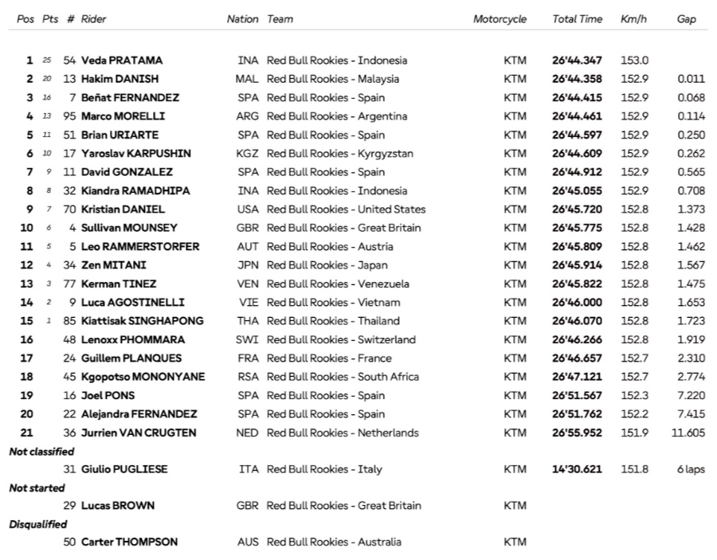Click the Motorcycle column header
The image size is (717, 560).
click(500, 19)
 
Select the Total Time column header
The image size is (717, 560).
click(577, 19)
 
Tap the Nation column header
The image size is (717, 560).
click(242, 19)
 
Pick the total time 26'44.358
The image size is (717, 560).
click(577, 79)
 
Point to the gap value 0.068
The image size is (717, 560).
click(690, 98)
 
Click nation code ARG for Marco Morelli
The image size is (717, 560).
click(248, 116)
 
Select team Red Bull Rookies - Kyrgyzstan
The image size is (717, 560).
click(340, 154)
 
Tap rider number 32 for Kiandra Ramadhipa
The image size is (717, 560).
click(70, 190)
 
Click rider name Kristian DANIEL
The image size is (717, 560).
click(123, 210)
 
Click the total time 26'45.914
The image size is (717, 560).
click(577, 265)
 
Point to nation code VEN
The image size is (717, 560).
click(248, 284)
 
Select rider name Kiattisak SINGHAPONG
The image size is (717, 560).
click(142, 321)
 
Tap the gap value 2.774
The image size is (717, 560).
click(690, 377)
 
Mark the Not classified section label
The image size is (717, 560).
click(41, 452)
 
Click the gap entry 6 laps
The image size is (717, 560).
click(691, 469)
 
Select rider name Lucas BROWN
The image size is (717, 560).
click(118, 506)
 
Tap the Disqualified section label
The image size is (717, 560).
click(37, 524)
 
